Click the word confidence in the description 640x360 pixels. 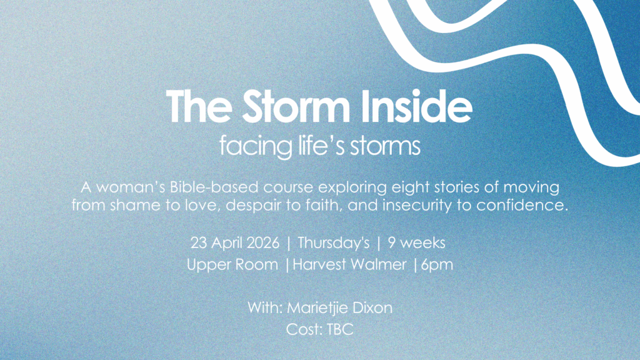(522, 205)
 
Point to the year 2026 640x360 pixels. (263, 243)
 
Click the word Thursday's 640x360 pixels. (334, 243)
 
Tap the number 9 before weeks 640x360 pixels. (392, 243)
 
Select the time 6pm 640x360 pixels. (437, 265)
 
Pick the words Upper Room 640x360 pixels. (232, 264)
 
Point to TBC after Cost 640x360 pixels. (340, 329)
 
